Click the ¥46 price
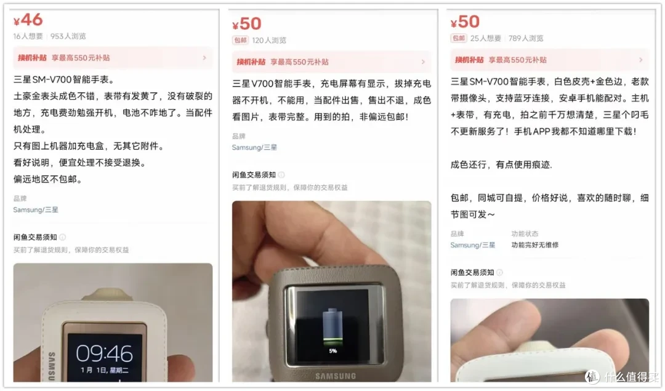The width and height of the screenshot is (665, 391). click(28, 20)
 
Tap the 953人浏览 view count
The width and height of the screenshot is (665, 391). click(68, 36)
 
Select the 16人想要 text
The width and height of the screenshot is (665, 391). click(28, 36)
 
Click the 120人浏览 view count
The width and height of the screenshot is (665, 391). click(269, 40)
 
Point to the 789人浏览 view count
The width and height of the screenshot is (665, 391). click(526, 38)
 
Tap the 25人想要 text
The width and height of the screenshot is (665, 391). click(486, 38)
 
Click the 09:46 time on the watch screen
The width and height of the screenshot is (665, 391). click(104, 353)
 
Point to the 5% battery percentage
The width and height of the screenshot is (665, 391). click(333, 351)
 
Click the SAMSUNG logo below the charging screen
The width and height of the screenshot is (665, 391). click(336, 376)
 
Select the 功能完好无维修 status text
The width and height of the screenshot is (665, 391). click(535, 244)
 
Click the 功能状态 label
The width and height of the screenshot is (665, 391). click(525, 233)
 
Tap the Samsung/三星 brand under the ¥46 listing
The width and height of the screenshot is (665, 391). click(36, 209)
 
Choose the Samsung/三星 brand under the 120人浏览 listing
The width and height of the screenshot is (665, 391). click(254, 147)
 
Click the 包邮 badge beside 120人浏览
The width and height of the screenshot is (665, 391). click(240, 40)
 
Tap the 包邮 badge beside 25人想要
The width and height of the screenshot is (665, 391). click(459, 38)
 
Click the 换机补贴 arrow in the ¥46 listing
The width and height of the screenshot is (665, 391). click(204, 58)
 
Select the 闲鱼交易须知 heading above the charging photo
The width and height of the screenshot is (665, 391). click(254, 175)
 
